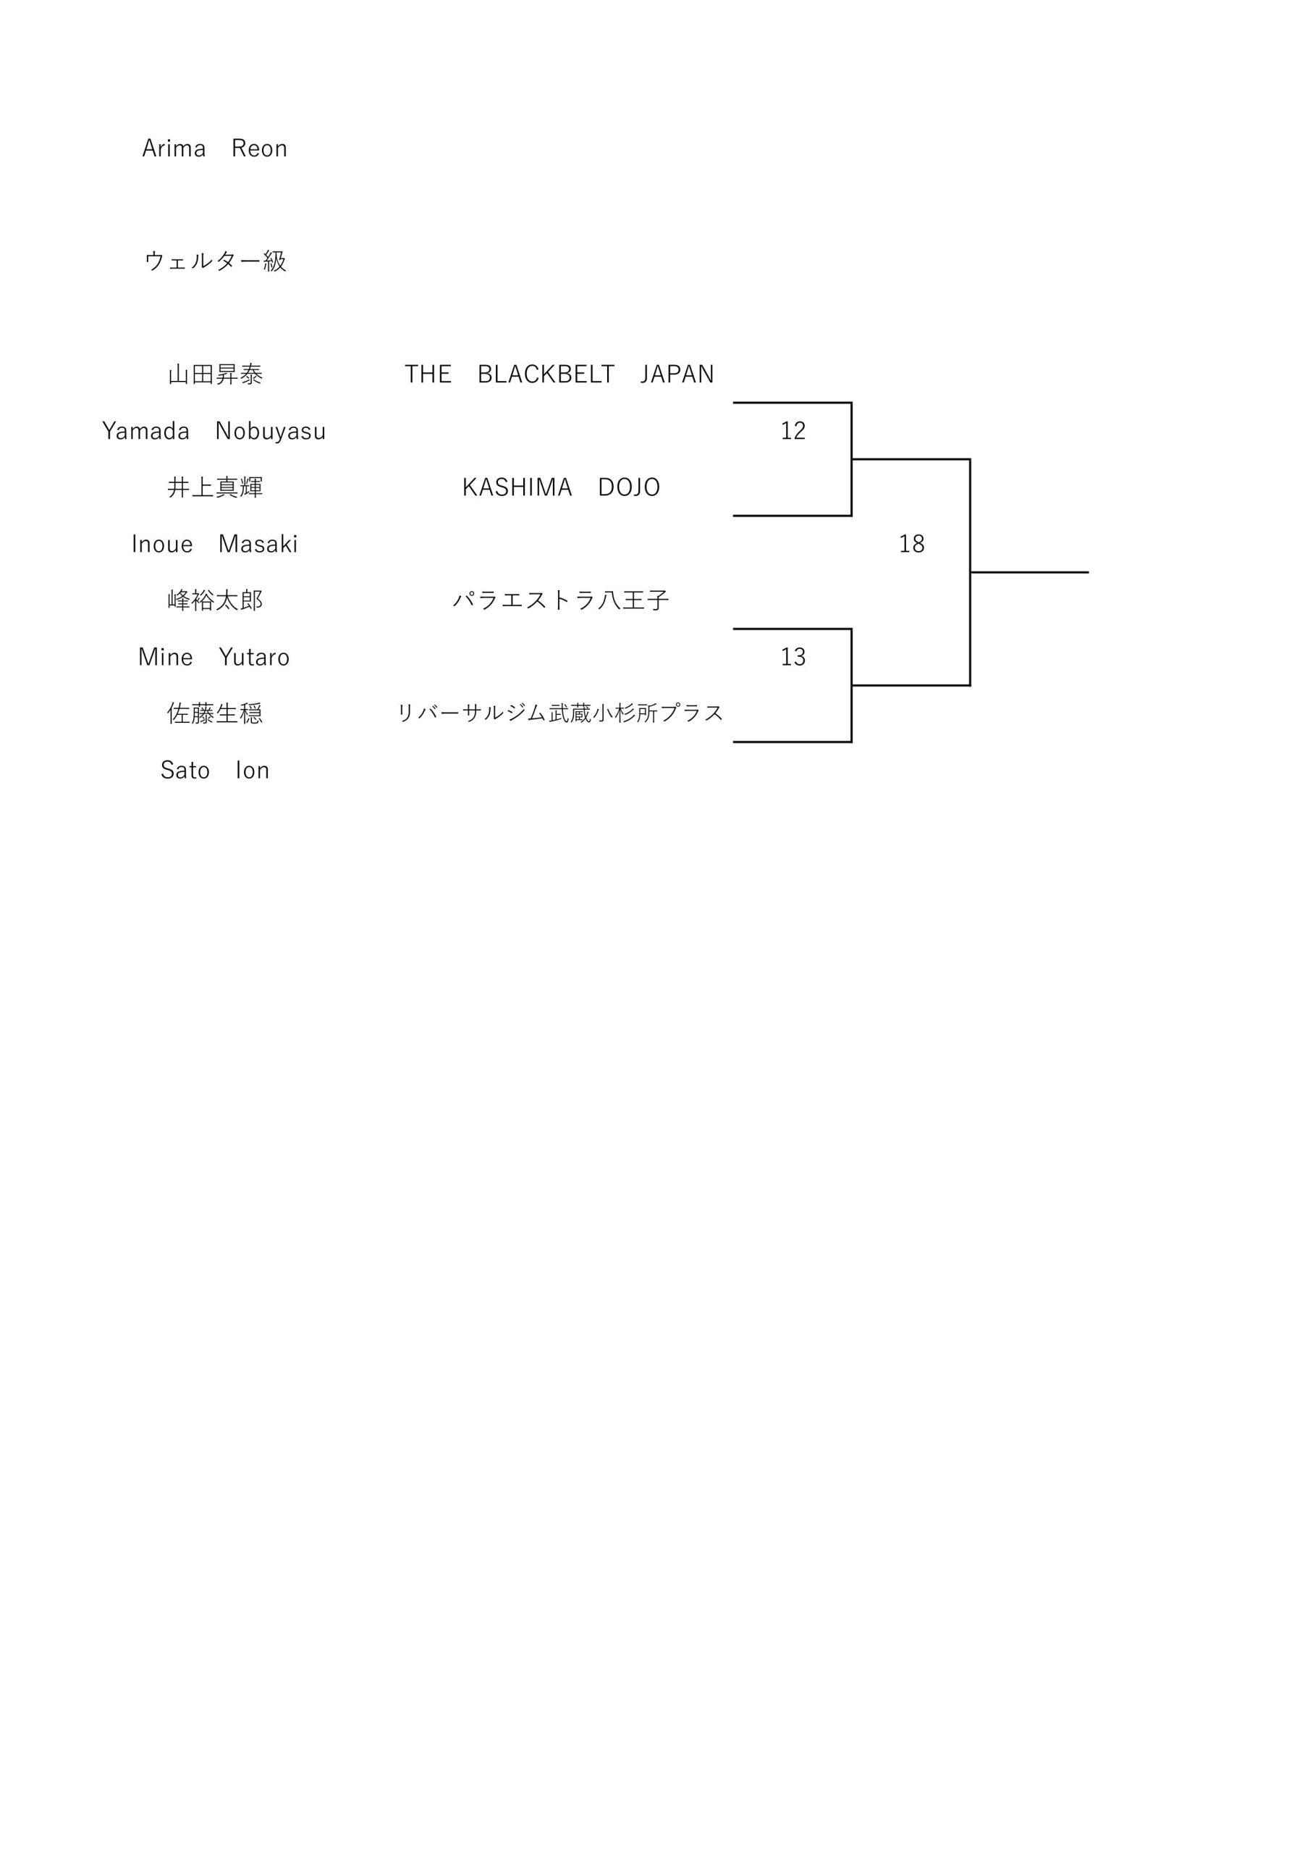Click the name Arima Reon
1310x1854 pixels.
215,148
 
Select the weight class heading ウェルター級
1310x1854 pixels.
216,261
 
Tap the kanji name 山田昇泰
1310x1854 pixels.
216,374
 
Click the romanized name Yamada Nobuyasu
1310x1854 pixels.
214,431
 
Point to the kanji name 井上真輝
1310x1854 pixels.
216,487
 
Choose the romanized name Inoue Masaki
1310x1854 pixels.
215,544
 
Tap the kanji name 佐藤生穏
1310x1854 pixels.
216,714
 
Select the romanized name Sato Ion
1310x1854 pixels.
215,771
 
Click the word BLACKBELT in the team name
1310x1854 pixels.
546,374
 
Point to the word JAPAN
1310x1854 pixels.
677,374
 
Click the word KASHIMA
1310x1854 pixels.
517,487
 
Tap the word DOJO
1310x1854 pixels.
630,487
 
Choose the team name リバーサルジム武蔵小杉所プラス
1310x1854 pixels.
561,713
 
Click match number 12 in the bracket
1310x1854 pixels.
793,431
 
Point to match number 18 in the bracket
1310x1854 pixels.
912,544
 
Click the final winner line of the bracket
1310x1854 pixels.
1029,573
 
